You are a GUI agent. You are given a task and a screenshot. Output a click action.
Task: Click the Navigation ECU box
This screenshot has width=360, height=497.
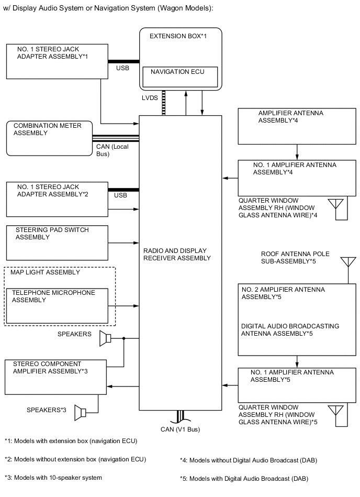[x=180, y=77]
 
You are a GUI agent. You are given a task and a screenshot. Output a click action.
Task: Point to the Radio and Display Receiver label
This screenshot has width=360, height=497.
[x=177, y=254]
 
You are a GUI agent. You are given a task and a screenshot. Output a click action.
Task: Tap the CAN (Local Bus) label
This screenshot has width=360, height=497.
[x=112, y=150]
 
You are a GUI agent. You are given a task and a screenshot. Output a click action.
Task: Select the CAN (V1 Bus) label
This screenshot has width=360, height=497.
[x=180, y=429]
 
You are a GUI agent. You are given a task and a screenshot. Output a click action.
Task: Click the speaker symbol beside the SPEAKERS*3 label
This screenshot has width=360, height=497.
[x=80, y=413]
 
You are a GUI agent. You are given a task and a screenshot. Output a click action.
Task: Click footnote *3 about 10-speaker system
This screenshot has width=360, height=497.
[x=53, y=477]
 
